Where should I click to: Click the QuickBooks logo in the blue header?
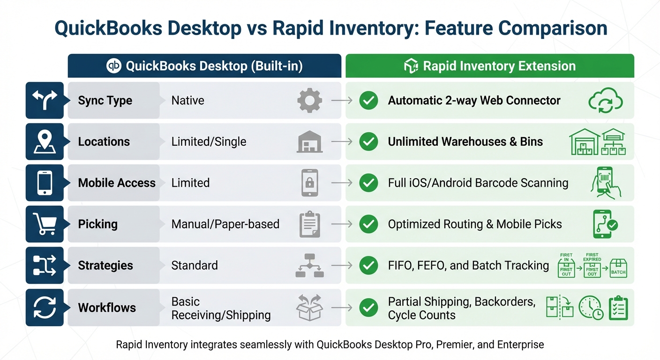(114, 66)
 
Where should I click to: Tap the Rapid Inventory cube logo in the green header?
(411, 66)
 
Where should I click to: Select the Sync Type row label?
(105, 100)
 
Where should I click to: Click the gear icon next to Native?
(310, 100)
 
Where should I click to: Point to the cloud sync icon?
(605, 101)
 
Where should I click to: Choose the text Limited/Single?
(209, 142)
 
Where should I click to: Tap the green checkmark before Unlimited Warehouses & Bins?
(368, 142)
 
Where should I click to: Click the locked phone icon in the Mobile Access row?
(310, 183)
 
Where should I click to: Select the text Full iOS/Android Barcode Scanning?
(478, 183)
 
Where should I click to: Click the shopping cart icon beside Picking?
(45, 224)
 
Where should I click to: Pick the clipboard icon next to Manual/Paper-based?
(310, 224)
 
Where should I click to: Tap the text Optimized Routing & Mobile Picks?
(474, 224)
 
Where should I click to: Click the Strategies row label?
(105, 265)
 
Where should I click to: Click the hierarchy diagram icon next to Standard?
(310, 265)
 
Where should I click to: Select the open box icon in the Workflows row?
(310, 308)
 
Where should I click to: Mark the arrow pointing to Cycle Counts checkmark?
(342, 308)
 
